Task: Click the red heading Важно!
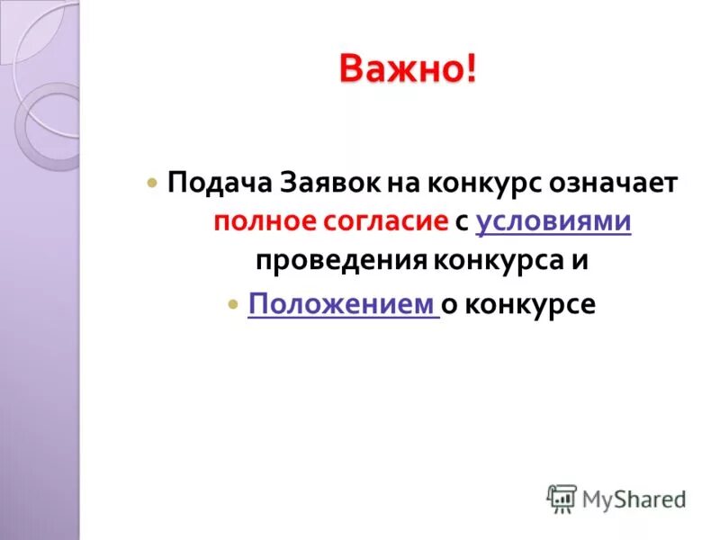(408, 69)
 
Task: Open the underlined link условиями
(553, 221)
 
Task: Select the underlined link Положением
(341, 303)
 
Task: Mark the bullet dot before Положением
(232, 303)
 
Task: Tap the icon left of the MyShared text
(562, 499)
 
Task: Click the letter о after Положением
(447, 303)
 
